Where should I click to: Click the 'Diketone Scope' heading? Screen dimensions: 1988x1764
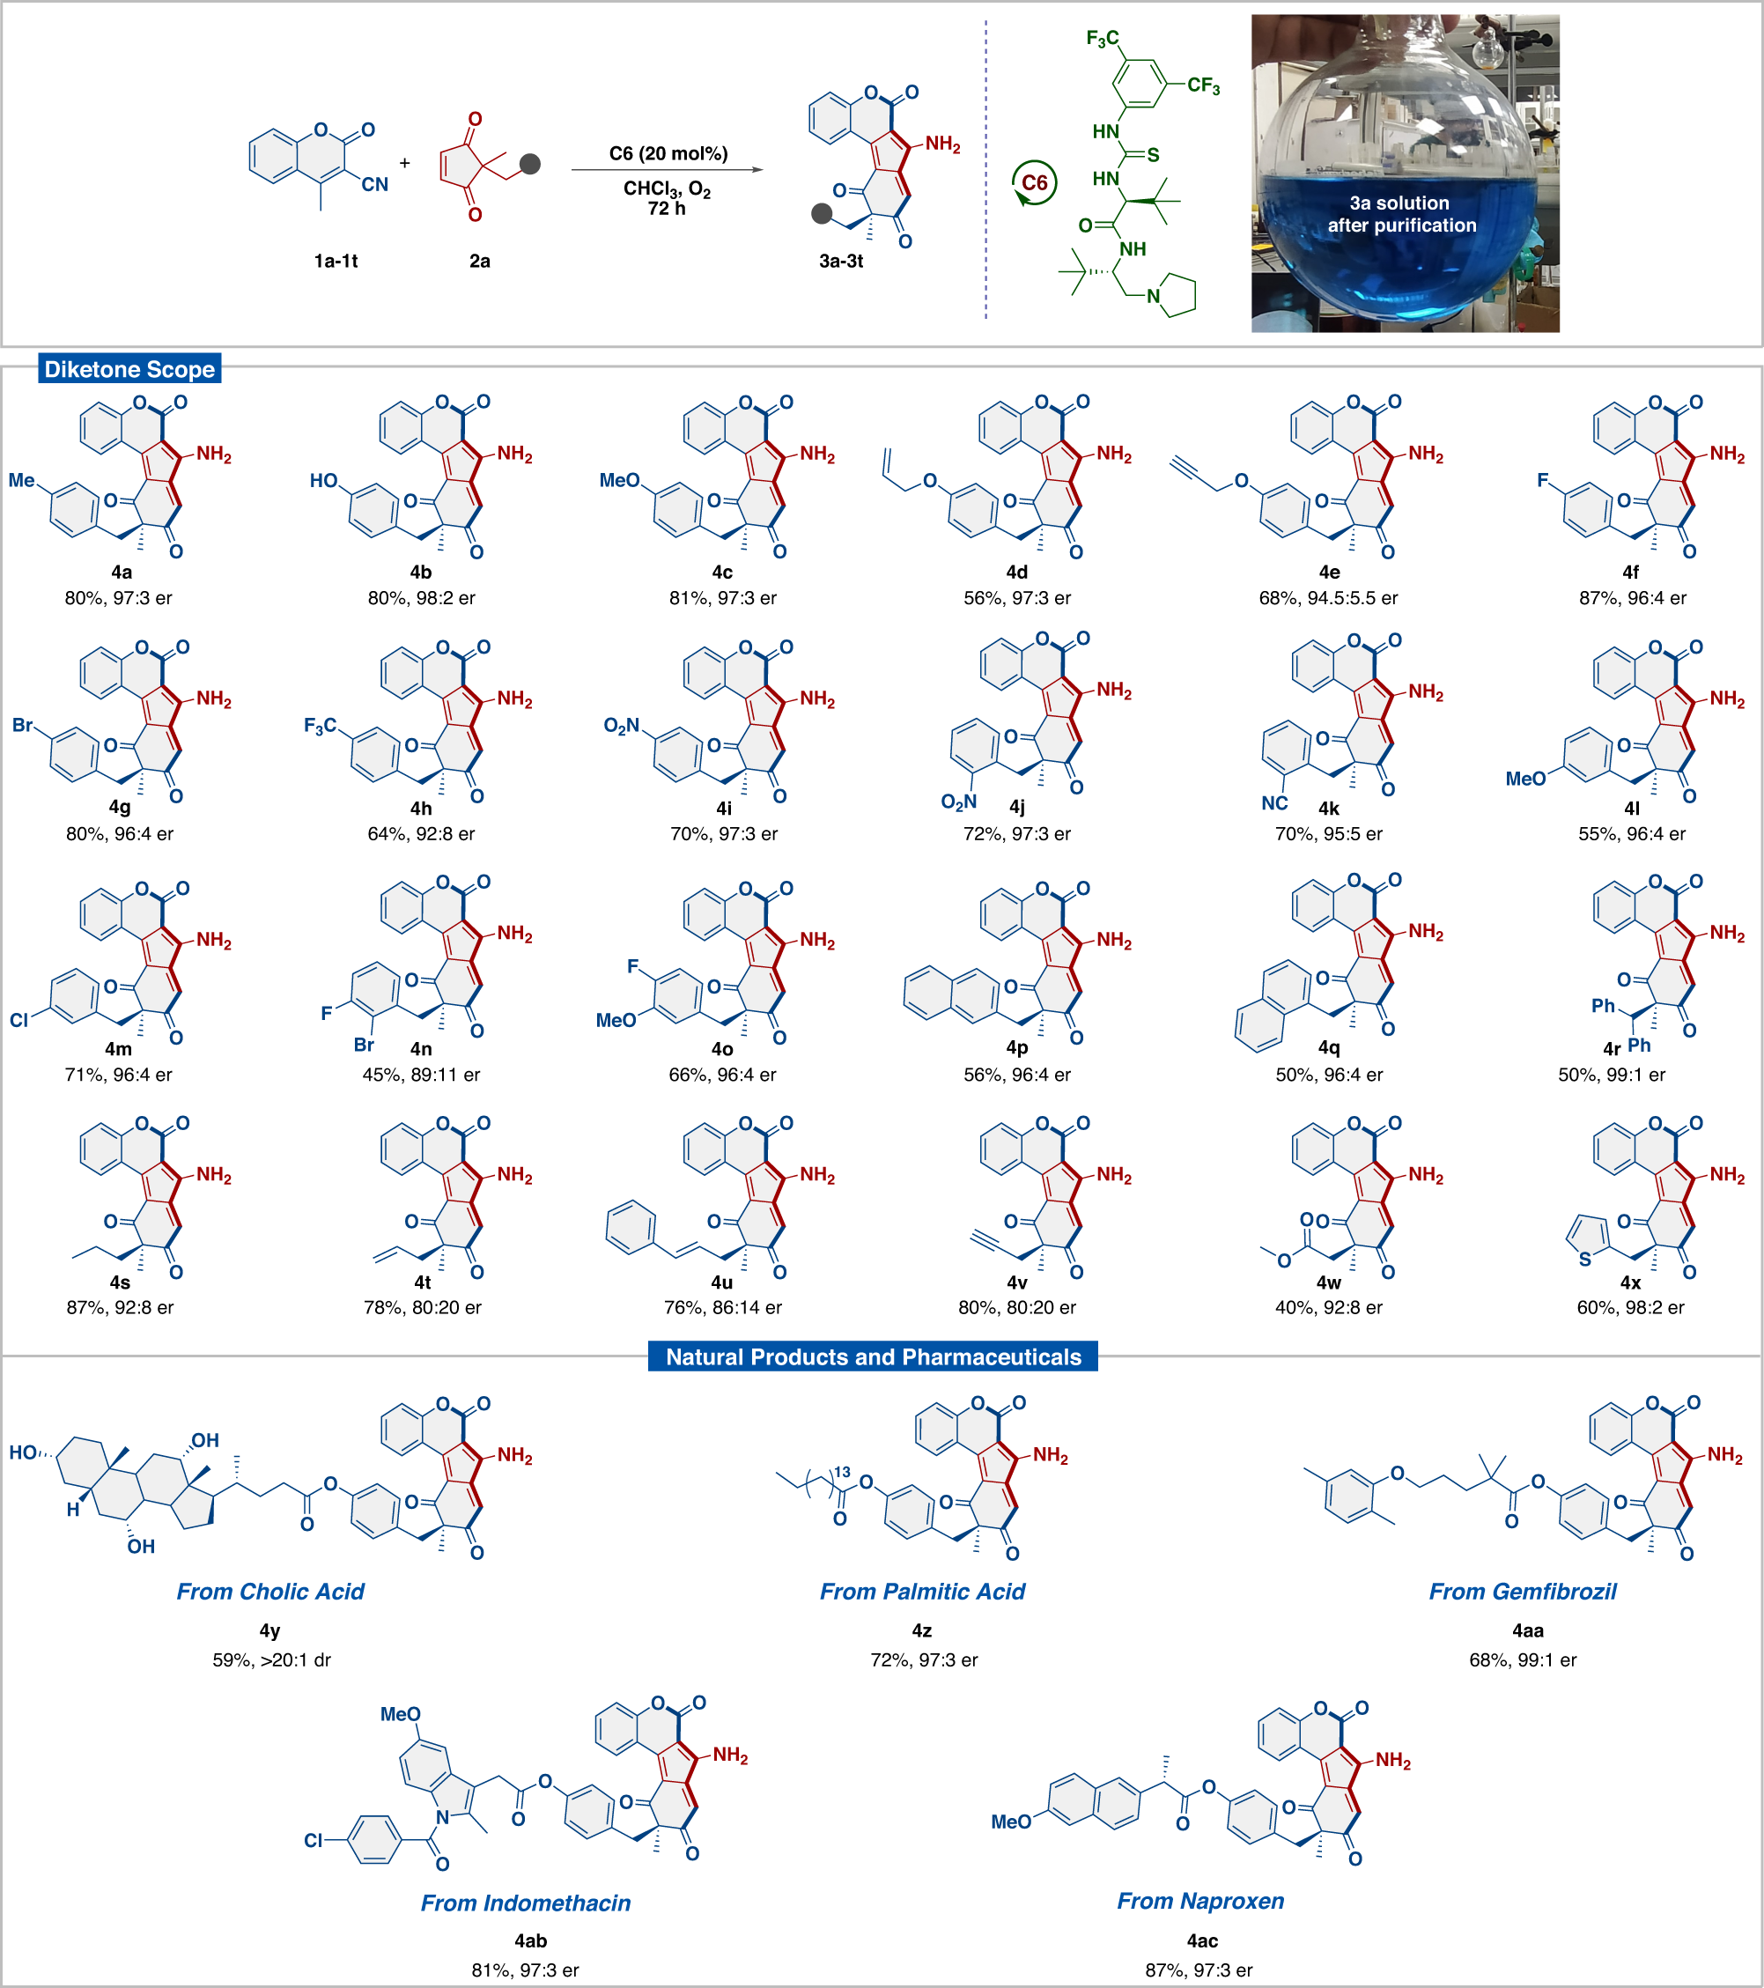[129, 370]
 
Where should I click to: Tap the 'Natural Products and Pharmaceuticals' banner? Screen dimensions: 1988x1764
[872, 1356]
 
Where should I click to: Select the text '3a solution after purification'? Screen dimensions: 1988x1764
[1401, 214]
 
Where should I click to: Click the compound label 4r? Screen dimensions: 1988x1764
[1612, 1048]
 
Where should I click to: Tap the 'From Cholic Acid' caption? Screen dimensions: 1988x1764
[270, 1591]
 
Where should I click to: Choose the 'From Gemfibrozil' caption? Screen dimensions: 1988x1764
[1522, 1591]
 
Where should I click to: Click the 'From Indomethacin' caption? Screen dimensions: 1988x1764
[525, 1903]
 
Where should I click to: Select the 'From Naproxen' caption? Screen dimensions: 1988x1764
[1200, 1901]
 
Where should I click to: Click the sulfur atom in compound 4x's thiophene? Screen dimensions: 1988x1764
[1584, 1260]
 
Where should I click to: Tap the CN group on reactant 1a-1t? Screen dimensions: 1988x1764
[374, 185]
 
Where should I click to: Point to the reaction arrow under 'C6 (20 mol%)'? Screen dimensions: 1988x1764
[667, 170]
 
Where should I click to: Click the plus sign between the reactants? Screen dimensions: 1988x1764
[404, 164]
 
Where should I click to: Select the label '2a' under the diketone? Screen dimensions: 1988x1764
[479, 261]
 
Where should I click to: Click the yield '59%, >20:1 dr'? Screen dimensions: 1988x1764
[271, 1660]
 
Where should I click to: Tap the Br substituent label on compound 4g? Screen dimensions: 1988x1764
[21, 726]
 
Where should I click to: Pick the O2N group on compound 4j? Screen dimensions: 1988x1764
[958, 802]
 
